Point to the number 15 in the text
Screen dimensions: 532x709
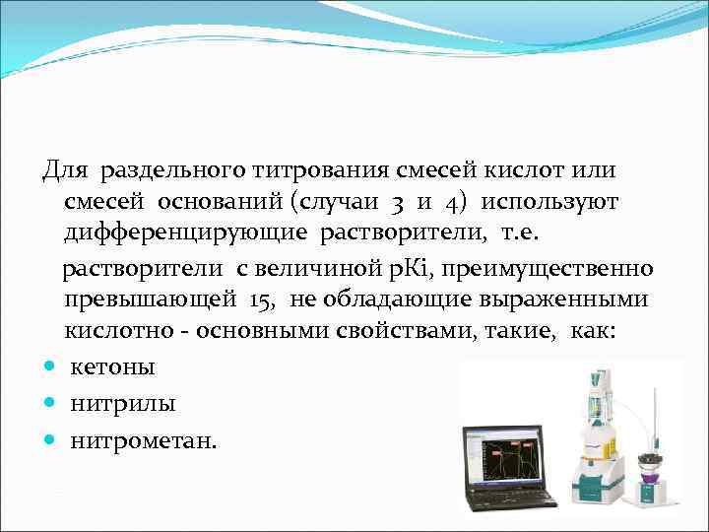[263, 299]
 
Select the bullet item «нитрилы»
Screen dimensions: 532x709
[109, 404]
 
